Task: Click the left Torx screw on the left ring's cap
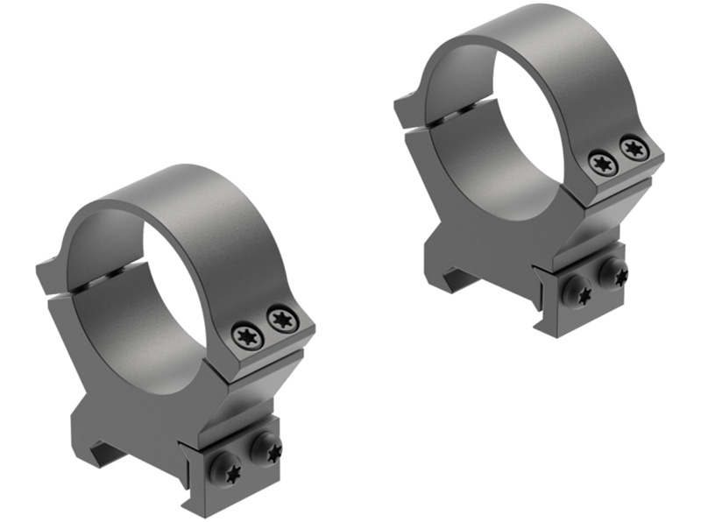pyautogui.click(x=245, y=335)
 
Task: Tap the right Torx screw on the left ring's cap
pyautogui.click(x=282, y=318)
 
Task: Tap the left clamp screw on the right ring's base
pyautogui.click(x=579, y=293)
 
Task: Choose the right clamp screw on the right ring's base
pyautogui.click(x=614, y=272)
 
